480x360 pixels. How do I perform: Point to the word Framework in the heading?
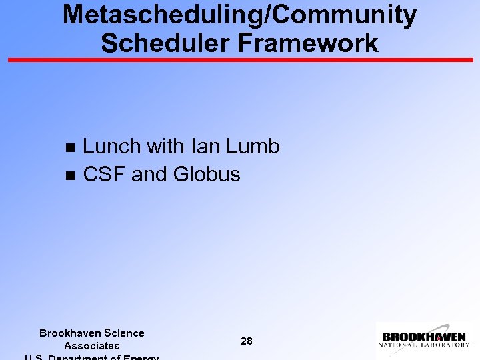310,43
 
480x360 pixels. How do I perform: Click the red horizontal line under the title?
240,60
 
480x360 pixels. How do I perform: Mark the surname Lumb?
253,147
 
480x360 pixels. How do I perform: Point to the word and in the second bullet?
149,175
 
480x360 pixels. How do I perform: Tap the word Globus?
207,175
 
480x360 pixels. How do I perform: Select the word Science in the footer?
123,333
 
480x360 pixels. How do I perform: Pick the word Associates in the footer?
92,346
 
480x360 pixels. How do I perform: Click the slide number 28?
246,341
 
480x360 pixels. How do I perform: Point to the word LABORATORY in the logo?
443,345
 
